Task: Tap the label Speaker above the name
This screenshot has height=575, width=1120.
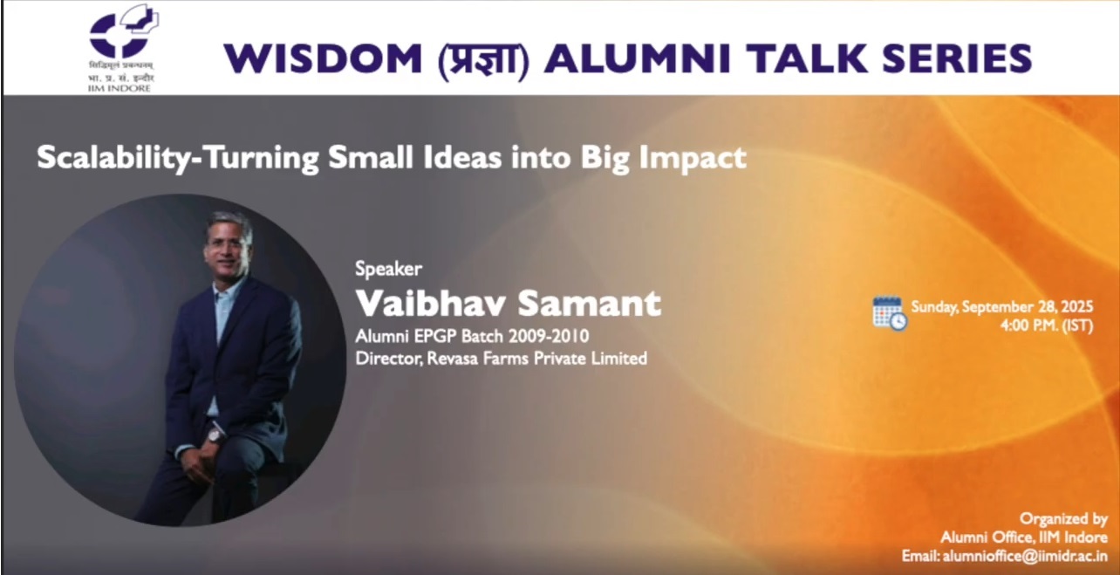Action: (x=388, y=269)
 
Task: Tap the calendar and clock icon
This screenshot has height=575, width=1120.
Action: (x=890, y=313)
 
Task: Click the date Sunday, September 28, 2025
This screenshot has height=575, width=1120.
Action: (x=1014, y=307)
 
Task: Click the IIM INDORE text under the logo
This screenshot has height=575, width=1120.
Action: (x=119, y=87)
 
